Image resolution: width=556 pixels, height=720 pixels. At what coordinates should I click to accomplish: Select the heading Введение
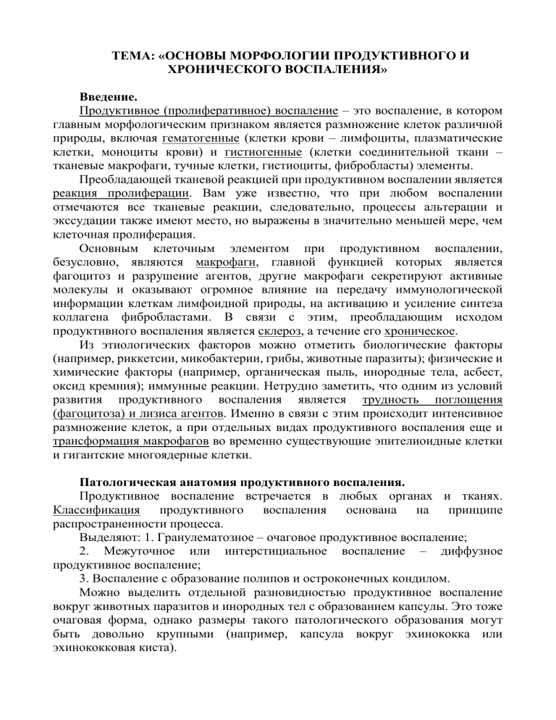click(x=108, y=96)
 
